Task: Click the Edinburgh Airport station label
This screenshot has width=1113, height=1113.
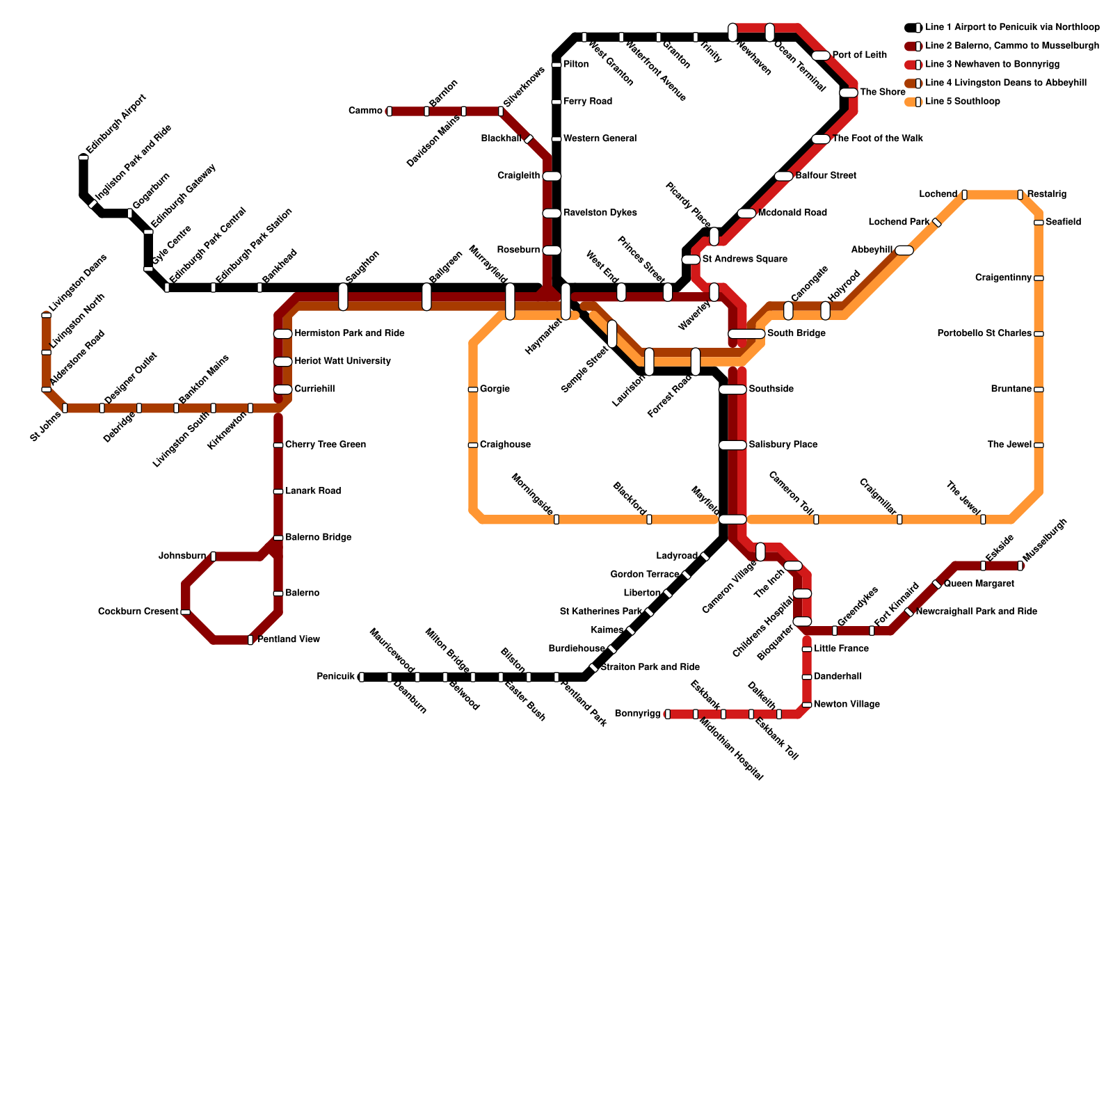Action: point(116,124)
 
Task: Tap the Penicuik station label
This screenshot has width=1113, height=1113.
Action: point(336,676)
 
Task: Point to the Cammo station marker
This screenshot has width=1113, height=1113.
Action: point(390,111)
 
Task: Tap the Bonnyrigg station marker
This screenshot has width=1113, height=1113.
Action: point(668,714)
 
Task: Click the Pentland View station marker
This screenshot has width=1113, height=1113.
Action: point(250,640)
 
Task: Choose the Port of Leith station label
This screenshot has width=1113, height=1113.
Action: point(859,55)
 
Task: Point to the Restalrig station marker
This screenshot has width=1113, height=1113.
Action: point(1020,195)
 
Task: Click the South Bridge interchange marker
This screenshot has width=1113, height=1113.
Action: point(746,334)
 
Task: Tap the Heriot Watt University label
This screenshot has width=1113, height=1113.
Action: point(342,361)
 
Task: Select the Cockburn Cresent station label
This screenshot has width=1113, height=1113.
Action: point(138,612)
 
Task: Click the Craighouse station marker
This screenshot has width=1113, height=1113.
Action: point(473,445)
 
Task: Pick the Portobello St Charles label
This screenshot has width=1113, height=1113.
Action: point(984,334)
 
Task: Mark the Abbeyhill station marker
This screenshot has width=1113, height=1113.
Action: point(904,250)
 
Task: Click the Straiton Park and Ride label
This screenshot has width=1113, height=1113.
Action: point(650,667)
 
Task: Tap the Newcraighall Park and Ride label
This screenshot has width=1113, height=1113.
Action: point(977,611)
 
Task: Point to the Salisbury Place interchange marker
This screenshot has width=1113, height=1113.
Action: point(732,445)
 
